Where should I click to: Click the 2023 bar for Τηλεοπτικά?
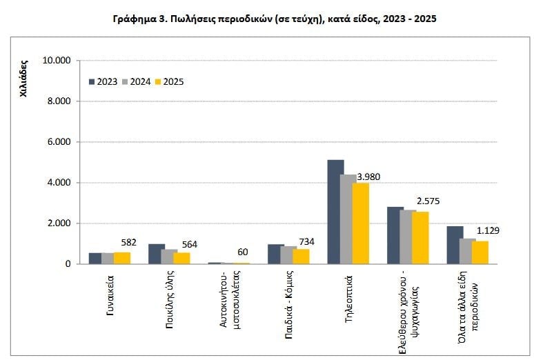[335, 212]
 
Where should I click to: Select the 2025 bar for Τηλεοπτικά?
[361, 223]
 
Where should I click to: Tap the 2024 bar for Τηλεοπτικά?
[348, 219]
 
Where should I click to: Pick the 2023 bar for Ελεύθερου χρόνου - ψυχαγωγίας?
[395, 235]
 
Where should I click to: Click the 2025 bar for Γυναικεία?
[122, 258]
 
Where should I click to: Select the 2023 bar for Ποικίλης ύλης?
[157, 254]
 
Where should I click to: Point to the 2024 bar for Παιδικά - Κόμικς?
[289, 255]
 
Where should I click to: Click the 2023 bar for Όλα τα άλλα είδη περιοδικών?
[455, 245]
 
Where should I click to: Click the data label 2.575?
[428, 201]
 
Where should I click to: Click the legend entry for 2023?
[103, 81]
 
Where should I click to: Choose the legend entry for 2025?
[169, 81]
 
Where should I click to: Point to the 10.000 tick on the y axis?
[57, 61]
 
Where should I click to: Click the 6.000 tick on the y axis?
[59, 142]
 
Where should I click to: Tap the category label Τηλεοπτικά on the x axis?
[349, 294]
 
